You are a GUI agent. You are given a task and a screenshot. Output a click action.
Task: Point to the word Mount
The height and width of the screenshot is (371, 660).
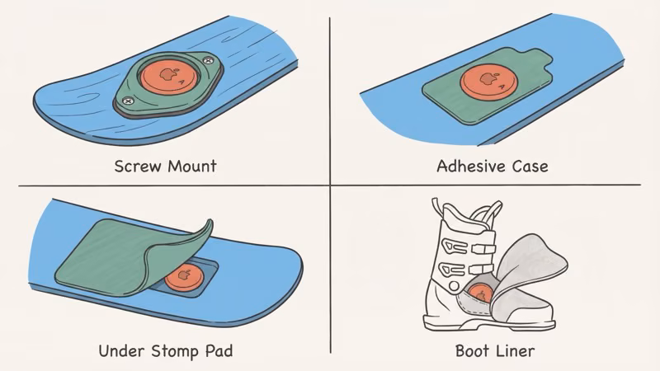tap(191, 166)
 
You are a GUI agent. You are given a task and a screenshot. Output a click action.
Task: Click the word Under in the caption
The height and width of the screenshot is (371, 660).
tap(120, 351)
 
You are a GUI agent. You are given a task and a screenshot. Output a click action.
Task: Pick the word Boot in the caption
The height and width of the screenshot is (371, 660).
tap(471, 351)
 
